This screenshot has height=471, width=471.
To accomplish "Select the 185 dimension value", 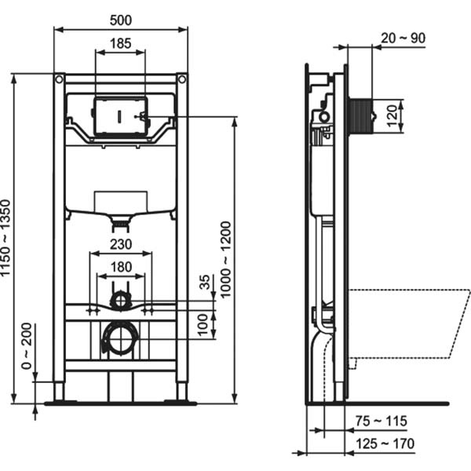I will point(120,43).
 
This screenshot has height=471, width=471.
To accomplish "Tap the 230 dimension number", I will point(120,244).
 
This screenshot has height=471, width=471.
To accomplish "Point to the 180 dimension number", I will point(120,267).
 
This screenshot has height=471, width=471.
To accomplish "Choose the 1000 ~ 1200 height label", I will point(225,259).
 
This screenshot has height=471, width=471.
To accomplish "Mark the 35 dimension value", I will point(205,283).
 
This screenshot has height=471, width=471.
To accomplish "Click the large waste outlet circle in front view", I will point(121,338).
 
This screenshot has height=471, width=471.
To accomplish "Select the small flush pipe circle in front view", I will point(120,300).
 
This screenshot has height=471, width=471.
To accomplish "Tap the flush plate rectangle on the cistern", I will point(120,115).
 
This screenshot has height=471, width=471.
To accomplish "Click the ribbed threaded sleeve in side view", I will point(360,115).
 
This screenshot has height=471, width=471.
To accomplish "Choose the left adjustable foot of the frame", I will point(60,391).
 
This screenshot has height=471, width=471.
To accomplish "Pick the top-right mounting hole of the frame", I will point(181,79).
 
